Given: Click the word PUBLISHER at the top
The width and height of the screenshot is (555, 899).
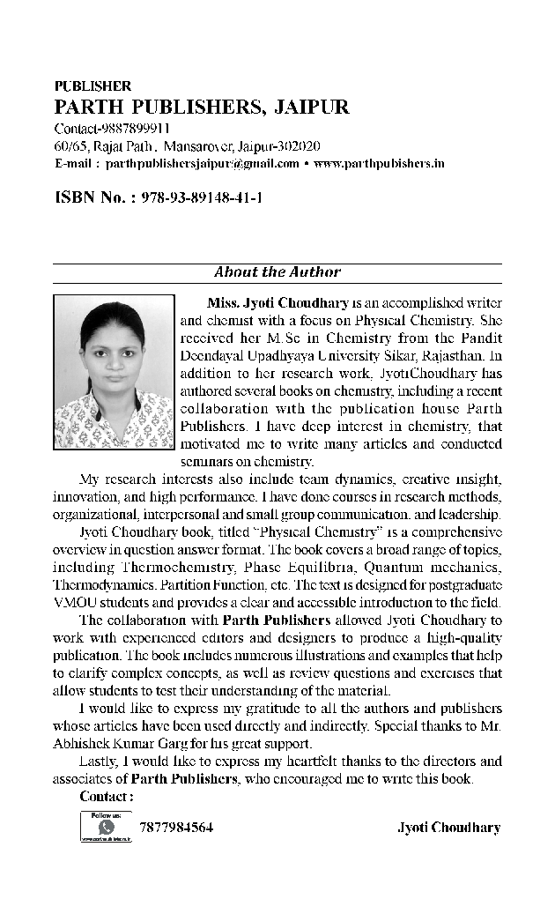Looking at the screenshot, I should pos(92,86).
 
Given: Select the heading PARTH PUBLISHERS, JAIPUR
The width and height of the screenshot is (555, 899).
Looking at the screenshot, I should pos(202,108).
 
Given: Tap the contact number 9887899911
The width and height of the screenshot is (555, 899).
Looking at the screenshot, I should pos(132,130).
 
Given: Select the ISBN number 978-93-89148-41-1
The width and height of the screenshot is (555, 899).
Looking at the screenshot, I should pos(202,197).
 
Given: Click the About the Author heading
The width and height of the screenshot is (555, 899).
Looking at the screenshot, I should pos(277,272).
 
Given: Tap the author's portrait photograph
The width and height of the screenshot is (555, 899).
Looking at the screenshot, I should pos(114,371).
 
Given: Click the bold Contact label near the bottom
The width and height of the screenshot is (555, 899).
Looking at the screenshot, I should pos(107,798).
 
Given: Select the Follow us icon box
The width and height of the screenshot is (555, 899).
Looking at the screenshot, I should pos(106,828).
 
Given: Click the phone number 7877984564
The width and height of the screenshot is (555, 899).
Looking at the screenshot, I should pos(176,828).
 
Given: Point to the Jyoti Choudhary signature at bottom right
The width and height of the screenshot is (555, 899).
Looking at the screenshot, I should pos(449,828).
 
